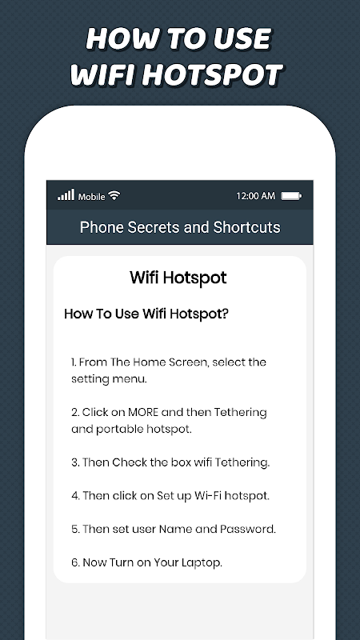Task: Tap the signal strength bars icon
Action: [x=66, y=194]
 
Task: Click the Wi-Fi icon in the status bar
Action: [x=114, y=195]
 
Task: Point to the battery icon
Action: [x=291, y=196]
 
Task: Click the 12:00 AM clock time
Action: [x=256, y=196]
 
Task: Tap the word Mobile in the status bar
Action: [x=92, y=197]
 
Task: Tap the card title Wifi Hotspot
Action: [x=178, y=278]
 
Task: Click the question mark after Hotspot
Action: [x=225, y=314]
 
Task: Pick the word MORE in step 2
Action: [x=143, y=412]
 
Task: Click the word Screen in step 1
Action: [x=181, y=362]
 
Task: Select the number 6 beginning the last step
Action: [x=74, y=562]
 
